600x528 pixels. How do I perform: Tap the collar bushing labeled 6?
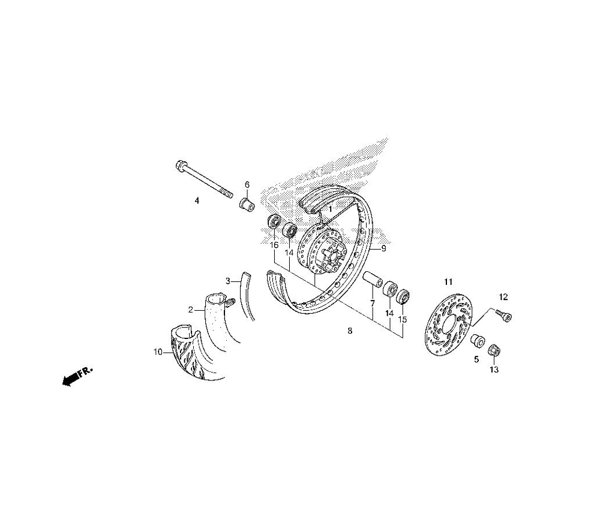coord(247,203)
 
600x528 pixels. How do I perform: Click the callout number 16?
coord(274,245)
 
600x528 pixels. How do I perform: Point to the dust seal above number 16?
coord(274,221)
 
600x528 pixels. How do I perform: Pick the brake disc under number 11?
coord(450,325)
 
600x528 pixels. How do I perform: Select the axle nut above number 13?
coord(494,350)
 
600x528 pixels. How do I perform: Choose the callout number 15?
coord(403,319)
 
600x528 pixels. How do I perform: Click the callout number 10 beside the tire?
coord(158,352)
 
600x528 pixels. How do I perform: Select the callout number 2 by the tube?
coord(191,310)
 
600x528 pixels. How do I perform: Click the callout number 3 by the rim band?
coord(227,281)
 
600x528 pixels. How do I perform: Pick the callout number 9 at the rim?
coord(383,248)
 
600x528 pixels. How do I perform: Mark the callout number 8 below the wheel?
coord(350,331)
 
